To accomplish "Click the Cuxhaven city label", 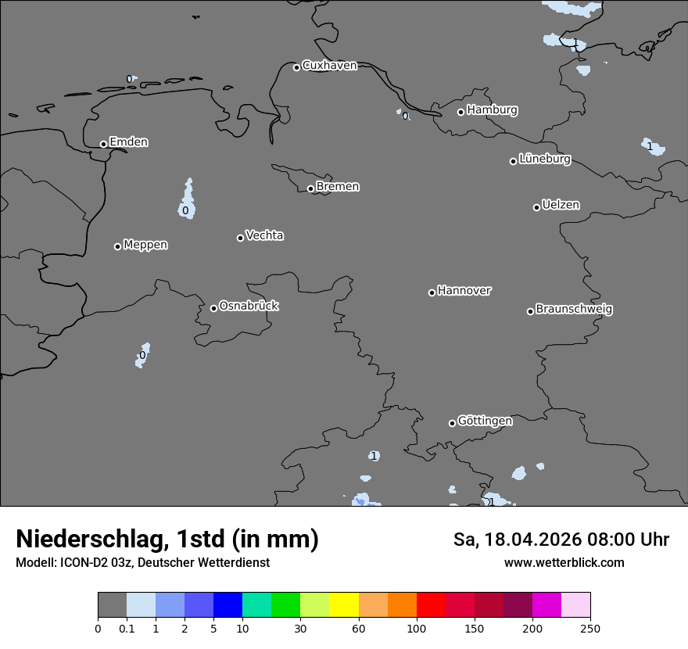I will [329, 66].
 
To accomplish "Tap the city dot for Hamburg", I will [460, 112].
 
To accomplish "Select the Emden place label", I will [128, 142].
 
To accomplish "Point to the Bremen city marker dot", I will [310, 188].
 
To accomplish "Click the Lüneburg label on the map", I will [545, 160].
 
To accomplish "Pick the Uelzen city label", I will [561, 205].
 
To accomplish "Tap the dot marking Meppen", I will [117, 246].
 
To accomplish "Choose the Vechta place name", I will [264, 235].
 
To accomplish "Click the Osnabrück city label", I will [249, 306].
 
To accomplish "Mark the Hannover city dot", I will [432, 292].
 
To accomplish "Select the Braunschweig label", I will [574, 309].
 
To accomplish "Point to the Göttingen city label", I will [485, 421].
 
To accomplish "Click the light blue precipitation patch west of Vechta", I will [187, 202].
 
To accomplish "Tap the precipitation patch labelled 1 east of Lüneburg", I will [653, 146].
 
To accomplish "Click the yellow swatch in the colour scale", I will [344, 605].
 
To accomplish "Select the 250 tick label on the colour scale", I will [590, 628].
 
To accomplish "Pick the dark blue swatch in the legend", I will [228, 605].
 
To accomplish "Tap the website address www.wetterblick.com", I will [564, 562].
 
